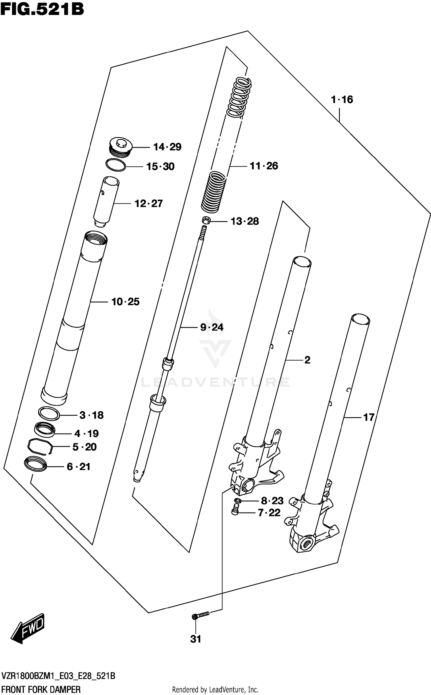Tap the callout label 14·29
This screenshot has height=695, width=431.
click(167, 147)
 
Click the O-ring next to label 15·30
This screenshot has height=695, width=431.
click(116, 165)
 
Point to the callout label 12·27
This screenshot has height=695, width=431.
click(149, 204)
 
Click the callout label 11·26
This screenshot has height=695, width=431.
click(264, 166)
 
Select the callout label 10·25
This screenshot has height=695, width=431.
click(125, 302)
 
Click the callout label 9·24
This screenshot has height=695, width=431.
click(212, 327)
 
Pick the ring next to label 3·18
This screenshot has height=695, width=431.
click(49, 413)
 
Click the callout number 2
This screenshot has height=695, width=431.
click(307, 360)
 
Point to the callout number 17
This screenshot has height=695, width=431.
click(369, 417)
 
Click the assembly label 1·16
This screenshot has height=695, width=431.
click(342, 100)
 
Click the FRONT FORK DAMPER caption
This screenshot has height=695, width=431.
click(41, 690)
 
